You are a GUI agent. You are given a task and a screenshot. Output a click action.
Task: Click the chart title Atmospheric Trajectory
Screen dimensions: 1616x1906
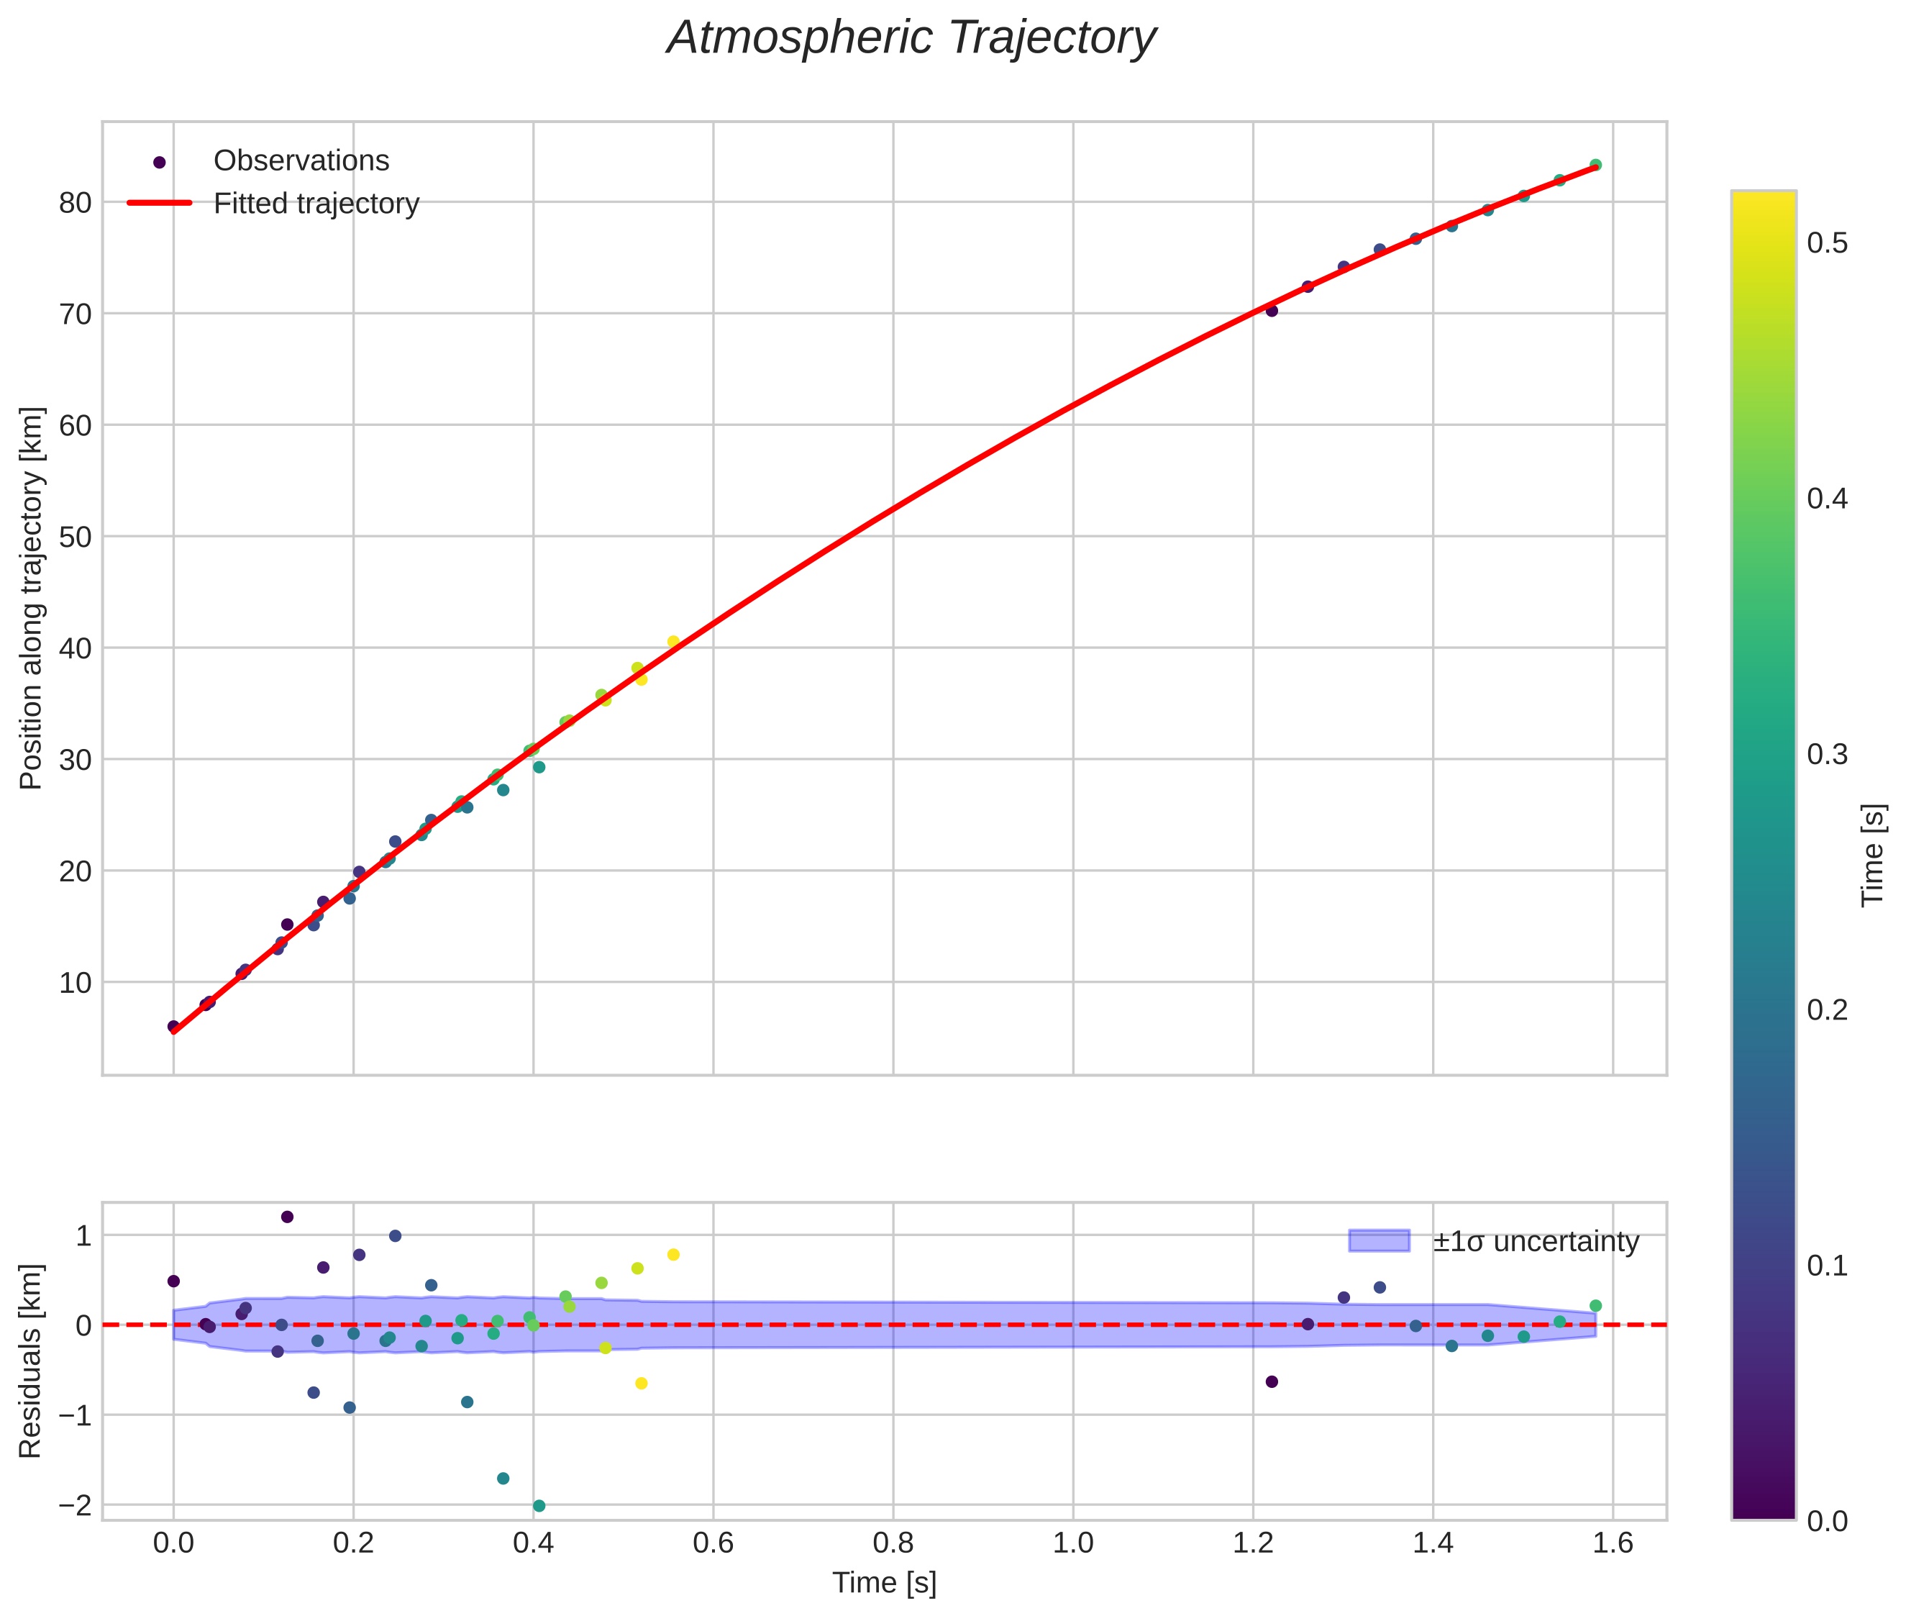tap(911, 38)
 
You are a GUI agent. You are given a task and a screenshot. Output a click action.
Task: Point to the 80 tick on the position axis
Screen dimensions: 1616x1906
tap(75, 202)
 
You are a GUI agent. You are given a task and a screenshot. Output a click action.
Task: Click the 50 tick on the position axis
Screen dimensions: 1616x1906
tap(75, 537)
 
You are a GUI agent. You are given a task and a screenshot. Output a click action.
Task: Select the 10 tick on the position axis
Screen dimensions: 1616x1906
tap(75, 983)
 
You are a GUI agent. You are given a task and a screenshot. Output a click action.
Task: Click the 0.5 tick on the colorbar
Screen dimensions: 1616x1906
tap(1826, 244)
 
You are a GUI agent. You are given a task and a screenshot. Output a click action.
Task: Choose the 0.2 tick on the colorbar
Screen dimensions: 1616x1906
tap(1826, 1009)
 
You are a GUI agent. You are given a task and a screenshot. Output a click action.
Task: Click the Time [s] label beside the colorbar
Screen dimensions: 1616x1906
tap(1874, 855)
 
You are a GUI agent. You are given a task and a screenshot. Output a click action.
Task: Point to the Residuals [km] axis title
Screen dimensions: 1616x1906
tap(31, 1361)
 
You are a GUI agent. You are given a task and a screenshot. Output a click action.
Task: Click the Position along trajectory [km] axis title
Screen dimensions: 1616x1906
tap(31, 597)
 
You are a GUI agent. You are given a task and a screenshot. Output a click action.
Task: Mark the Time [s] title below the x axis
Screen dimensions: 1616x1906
tap(884, 1583)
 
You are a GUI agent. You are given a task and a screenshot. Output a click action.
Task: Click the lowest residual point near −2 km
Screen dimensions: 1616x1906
tap(539, 1506)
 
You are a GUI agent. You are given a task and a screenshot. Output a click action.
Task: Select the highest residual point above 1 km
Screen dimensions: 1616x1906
tap(287, 1217)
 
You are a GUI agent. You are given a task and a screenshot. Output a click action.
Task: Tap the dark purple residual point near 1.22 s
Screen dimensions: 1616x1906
tap(1272, 1381)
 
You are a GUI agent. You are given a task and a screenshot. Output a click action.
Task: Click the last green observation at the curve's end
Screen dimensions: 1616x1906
tap(1595, 165)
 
